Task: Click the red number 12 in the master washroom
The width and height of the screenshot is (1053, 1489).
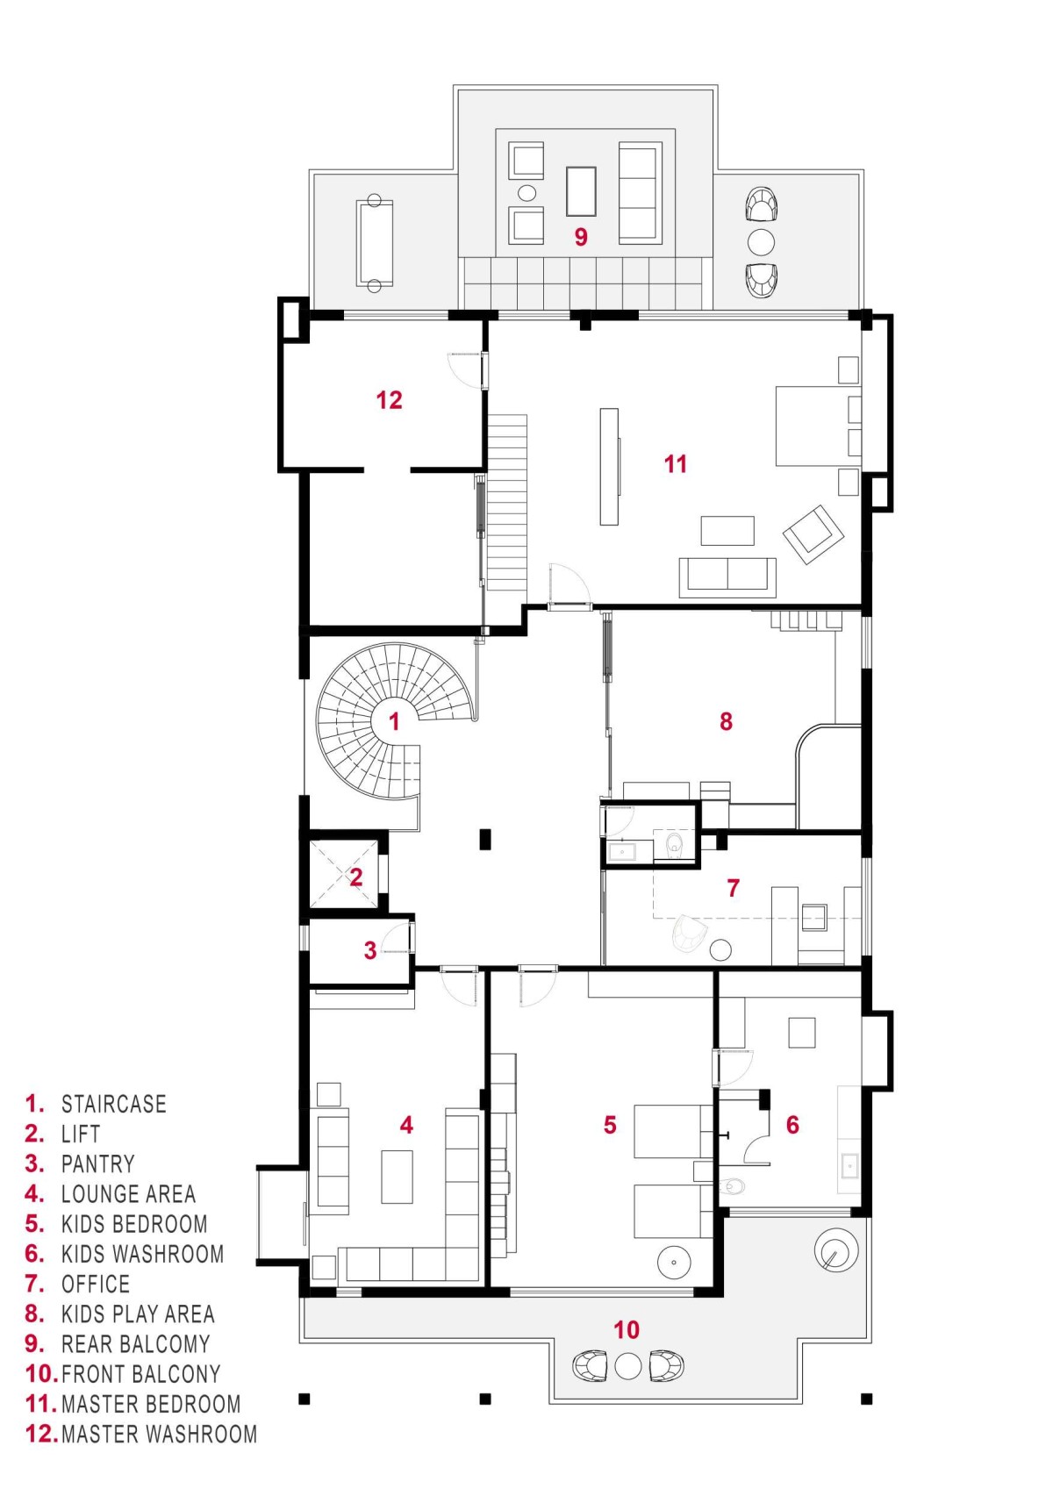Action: coord(389,400)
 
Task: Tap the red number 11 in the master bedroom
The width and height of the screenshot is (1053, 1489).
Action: coord(676,464)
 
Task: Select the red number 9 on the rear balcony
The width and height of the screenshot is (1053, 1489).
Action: coord(581,237)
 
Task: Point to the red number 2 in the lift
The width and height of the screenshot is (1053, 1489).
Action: coord(356,877)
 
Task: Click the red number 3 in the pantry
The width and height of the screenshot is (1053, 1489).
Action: coord(370,950)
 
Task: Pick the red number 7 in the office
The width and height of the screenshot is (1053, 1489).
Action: coord(734,887)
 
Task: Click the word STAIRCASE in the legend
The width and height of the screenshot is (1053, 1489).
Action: coord(114,1104)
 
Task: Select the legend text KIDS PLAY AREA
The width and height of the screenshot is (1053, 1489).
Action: coord(138,1314)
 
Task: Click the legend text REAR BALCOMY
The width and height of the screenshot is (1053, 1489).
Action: coord(136,1344)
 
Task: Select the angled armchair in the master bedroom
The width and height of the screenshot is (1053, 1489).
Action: coord(813,534)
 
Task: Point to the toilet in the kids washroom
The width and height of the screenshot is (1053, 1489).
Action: coord(731,1186)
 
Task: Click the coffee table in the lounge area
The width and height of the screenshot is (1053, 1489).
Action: coord(397,1178)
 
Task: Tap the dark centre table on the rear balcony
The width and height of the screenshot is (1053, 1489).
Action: coord(581,191)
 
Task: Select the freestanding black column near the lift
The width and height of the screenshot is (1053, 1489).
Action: coord(485,839)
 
